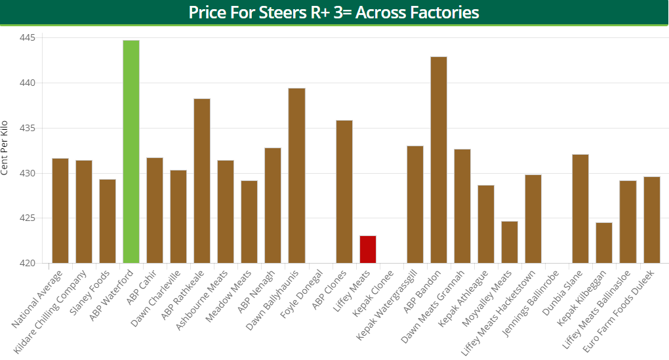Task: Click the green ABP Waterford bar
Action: point(131,152)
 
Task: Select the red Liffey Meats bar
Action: point(368,250)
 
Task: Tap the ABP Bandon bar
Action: point(439,160)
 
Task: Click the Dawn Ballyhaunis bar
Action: point(296,176)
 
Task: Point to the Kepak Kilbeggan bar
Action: point(604,243)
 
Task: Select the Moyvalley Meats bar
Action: point(510,243)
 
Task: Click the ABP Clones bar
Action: point(344,192)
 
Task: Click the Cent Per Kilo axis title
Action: point(5,148)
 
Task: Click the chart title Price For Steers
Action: point(334,12)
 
